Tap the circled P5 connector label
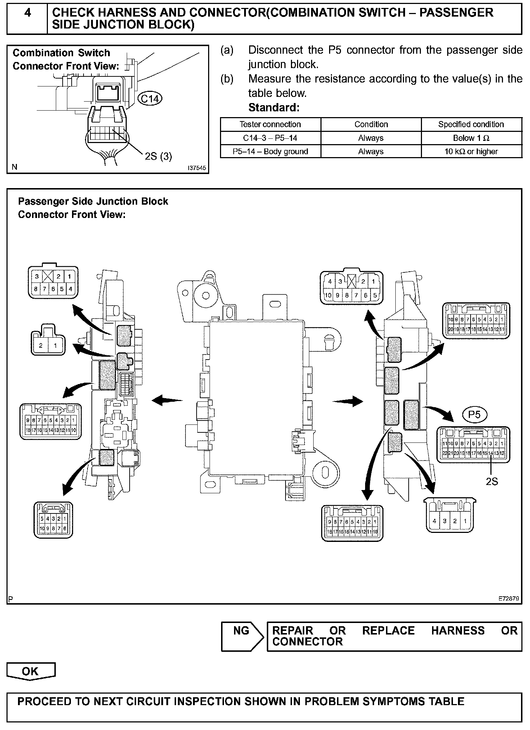click(x=475, y=415)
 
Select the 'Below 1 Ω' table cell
click(x=471, y=138)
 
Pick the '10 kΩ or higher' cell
click(x=471, y=152)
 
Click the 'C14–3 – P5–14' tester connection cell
click(x=270, y=138)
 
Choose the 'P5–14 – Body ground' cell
click(x=270, y=152)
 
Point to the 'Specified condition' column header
click(x=471, y=125)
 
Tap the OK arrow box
click(x=31, y=671)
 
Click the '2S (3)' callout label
click(x=158, y=156)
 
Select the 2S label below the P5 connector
click(x=492, y=481)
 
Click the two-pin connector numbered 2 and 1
click(x=48, y=342)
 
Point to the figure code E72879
click(x=509, y=599)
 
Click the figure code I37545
click(x=197, y=168)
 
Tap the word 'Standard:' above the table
click(x=274, y=108)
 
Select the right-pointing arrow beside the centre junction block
click(x=348, y=401)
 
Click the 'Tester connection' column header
click(x=270, y=125)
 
